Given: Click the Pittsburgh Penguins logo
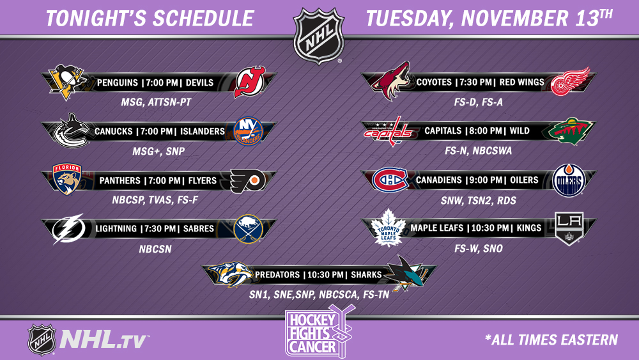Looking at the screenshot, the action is (67, 82).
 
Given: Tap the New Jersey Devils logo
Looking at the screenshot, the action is (249, 82).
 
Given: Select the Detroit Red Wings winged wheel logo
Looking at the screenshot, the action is (570, 82).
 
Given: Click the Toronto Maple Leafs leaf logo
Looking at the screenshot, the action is (388, 228).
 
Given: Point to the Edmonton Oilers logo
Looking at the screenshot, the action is (569, 180).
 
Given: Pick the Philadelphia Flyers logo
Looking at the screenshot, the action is (247, 180).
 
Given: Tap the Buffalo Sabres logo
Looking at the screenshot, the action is (248, 229).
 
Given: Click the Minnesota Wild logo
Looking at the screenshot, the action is (569, 131).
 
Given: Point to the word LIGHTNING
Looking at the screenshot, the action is (116, 229).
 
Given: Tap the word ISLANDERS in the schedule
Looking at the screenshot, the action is (203, 131).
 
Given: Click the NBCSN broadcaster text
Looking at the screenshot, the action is (155, 249).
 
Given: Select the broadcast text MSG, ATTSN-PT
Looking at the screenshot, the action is (156, 102).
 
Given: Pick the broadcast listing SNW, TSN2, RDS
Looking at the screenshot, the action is (479, 201).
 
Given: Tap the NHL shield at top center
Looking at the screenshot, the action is (319, 35).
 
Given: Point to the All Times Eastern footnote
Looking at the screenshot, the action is (551, 340).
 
